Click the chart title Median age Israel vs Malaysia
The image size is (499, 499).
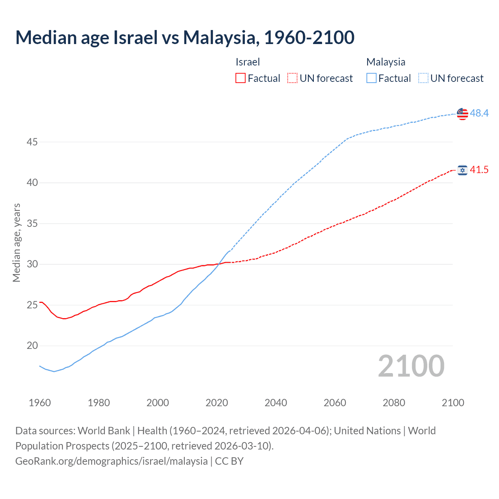pos(185,37)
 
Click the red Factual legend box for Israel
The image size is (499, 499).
pos(241,78)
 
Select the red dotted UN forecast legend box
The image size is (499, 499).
pos(292,78)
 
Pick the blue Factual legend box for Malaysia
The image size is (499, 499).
pos(372,78)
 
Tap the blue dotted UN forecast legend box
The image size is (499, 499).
pos(423,78)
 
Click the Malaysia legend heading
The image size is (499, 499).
pos(386,62)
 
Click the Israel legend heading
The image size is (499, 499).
pos(248,62)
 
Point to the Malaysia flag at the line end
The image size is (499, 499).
pos(462,113)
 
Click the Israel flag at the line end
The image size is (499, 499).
pos(462,170)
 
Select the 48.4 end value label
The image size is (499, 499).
pos(479,113)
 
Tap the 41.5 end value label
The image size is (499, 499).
pos(479,170)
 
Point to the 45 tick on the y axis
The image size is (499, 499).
pos(32,142)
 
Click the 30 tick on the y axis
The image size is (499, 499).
pos(32,264)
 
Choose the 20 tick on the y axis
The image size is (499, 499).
pos(32,346)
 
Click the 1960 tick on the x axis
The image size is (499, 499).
pos(40,403)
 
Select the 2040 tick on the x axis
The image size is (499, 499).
pos(276,403)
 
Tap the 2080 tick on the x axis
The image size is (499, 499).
pos(394,403)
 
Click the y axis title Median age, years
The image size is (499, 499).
pos(16,242)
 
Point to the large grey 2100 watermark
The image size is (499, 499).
pos(411,366)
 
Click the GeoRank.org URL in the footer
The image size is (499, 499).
pos(111,461)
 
